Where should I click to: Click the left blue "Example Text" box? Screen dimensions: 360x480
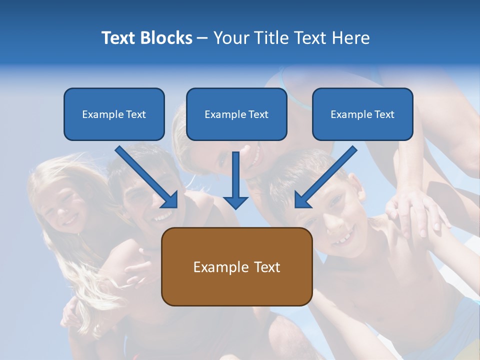(x=114, y=114)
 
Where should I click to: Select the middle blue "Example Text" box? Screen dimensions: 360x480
(x=236, y=114)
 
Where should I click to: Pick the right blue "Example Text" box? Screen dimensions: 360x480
(x=362, y=114)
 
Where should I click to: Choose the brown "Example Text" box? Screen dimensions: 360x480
(x=236, y=266)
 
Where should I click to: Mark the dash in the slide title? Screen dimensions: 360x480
(x=202, y=38)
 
